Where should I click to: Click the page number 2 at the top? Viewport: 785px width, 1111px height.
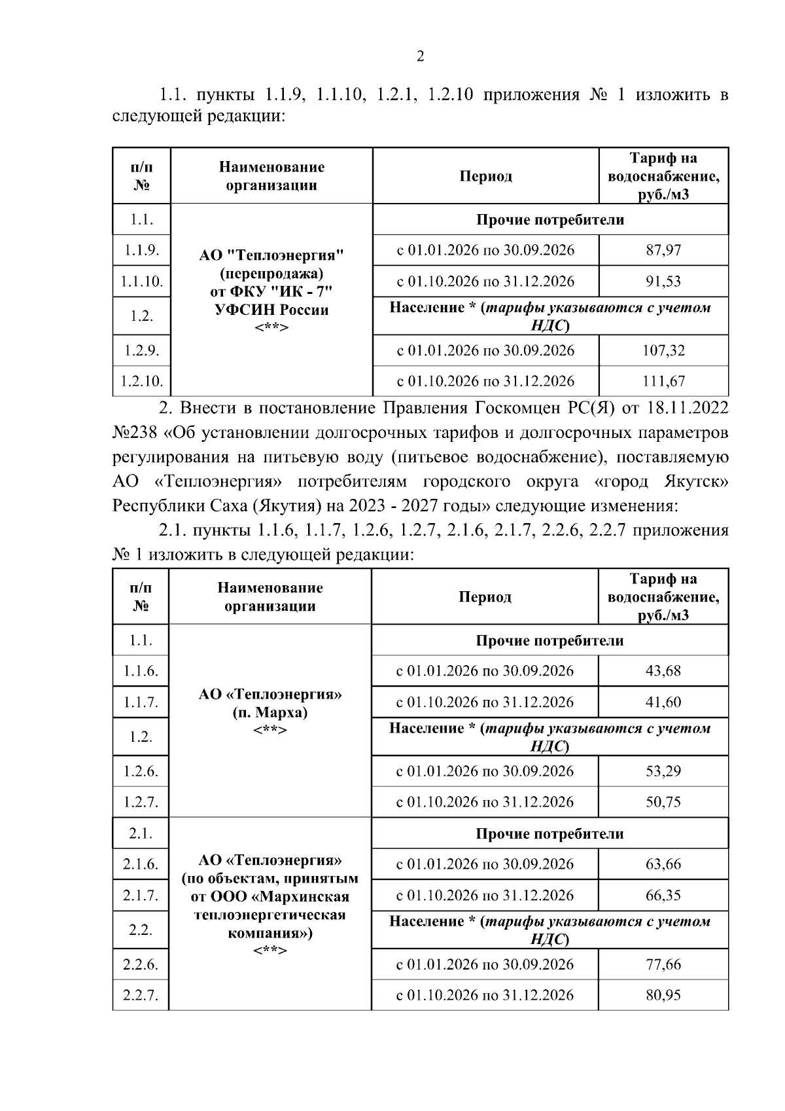pyautogui.click(x=420, y=57)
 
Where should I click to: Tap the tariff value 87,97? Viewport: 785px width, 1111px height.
pyautogui.click(x=663, y=250)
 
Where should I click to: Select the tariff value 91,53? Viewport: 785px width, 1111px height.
pyautogui.click(x=663, y=282)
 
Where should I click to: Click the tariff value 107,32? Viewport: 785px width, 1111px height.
pyautogui.click(x=663, y=350)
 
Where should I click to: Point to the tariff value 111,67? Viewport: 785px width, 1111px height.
pyautogui.click(x=663, y=381)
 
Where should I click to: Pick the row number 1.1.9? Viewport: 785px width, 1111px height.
pyautogui.click(x=141, y=250)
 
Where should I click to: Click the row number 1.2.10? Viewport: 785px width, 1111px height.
pyautogui.click(x=141, y=381)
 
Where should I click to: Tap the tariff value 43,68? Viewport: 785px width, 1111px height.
pyautogui.click(x=663, y=671)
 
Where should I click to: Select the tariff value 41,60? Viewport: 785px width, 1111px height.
pyautogui.click(x=663, y=702)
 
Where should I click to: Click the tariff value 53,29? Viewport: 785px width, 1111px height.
pyautogui.click(x=663, y=771)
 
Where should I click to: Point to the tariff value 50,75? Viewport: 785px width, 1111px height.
pyautogui.click(x=663, y=802)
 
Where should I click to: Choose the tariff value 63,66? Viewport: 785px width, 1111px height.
pyautogui.click(x=663, y=864)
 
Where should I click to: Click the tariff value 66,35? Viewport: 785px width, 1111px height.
pyautogui.click(x=663, y=896)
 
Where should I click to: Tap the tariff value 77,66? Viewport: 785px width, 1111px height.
pyautogui.click(x=663, y=964)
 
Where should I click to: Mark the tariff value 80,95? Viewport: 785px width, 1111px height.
pyautogui.click(x=663, y=996)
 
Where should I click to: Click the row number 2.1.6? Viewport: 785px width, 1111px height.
pyautogui.click(x=141, y=864)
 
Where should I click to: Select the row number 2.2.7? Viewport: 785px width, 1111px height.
pyautogui.click(x=141, y=996)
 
